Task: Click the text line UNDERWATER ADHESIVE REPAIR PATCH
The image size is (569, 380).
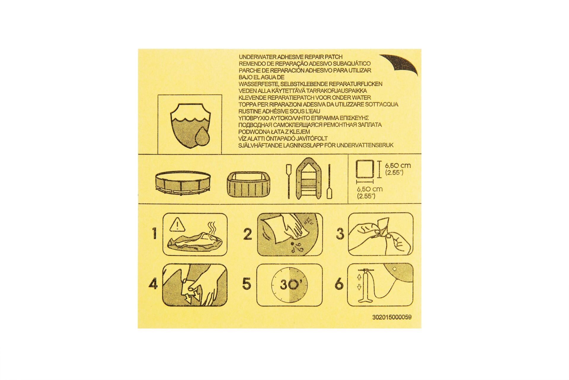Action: (x=290, y=57)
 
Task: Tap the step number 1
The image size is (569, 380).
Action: (x=154, y=233)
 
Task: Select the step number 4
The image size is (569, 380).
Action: (x=153, y=284)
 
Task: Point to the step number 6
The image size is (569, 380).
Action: (x=339, y=284)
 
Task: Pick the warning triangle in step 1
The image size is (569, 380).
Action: (x=177, y=225)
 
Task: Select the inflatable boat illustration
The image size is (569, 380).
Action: (x=309, y=178)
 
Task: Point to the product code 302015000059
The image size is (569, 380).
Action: (x=392, y=317)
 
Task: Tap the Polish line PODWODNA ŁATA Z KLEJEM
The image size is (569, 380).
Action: (x=274, y=132)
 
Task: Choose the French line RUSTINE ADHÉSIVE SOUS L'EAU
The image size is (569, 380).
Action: (x=279, y=111)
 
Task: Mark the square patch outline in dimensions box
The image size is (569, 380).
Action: (x=365, y=170)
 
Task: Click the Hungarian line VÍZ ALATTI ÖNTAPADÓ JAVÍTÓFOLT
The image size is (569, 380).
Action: (x=283, y=138)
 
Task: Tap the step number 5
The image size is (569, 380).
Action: (x=246, y=284)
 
